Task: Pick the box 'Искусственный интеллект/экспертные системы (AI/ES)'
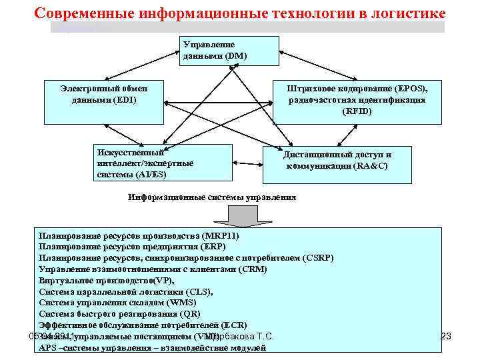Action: coord(164,163)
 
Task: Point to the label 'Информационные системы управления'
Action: coord(212,197)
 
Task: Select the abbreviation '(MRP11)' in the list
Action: coord(219,236)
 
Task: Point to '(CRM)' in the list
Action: coord(253,269)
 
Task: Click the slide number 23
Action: coord(446,337)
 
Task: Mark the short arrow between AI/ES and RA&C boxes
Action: coord(247,162)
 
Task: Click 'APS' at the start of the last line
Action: coord(47,348)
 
